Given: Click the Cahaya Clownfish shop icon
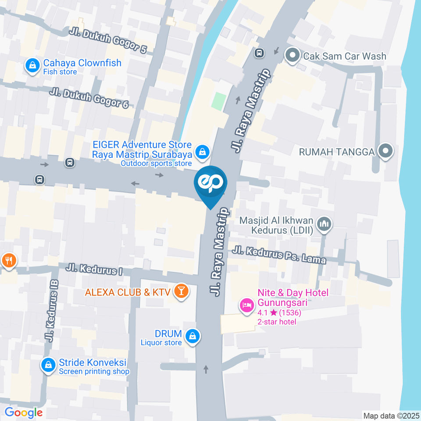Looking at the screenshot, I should click(32, 66).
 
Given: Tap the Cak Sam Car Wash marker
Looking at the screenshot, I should click(291, 56).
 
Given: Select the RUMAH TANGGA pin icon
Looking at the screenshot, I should click(385, 151).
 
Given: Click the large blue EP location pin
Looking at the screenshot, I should click(210, 183).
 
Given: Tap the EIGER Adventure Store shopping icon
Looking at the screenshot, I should click(202, 152).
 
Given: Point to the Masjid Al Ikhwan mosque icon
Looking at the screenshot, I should click(325, 224).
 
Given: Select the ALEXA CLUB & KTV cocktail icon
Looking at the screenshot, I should click(180, 291).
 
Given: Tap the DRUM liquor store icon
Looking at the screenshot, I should click(192, 337).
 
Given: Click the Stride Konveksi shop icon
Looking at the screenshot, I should click(48, 364).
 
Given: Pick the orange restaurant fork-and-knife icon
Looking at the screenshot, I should click(8, 260).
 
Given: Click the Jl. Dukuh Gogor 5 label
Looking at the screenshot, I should click(108, 41).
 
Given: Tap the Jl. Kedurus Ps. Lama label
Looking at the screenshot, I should click(279, 255).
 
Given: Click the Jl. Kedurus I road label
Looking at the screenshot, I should click(94, 269).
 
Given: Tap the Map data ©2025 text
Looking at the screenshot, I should click(391, 415).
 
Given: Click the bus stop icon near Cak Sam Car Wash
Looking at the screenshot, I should click(259, 53).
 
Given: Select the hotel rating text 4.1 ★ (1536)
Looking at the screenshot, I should click(279, 313).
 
